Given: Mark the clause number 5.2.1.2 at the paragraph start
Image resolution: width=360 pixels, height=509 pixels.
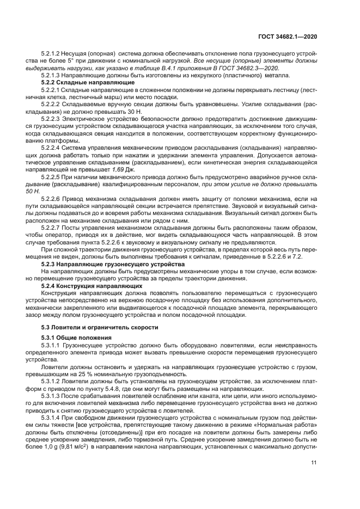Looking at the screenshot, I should point(53,54).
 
